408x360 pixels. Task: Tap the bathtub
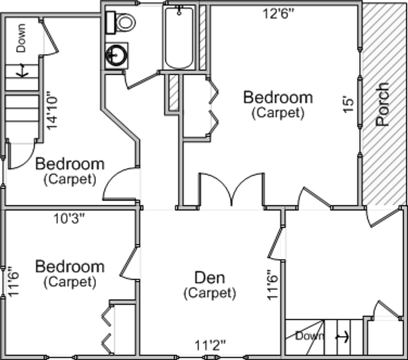click(179, 37)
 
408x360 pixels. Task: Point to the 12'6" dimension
click(278, 14)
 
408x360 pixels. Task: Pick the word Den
click(209, 278)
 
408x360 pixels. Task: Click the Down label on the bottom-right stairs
click(309, 336)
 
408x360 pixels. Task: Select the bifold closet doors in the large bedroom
click(212, 107)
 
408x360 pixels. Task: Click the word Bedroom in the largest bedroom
click(278, 97)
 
